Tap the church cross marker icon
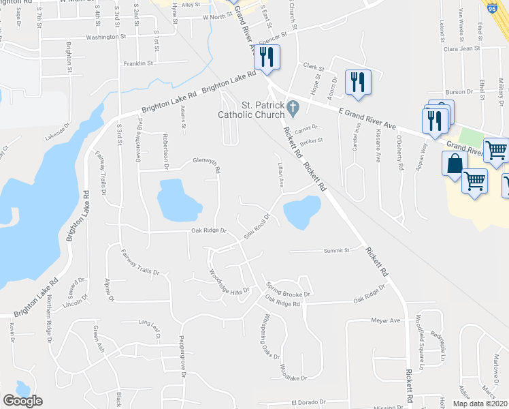pyautogui.click(x=293, y=107)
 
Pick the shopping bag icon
pyautogui.click(x=454, y=164)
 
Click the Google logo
pyautogui.click(x=22, y=401)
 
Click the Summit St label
pyautogui.click(x=336, y=250)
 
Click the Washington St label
pyautogui.click(x=106, y=37)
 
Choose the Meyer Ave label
pyautogui.click(x=384, y=320)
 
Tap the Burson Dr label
pyautogui.click(x=459, y=91)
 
